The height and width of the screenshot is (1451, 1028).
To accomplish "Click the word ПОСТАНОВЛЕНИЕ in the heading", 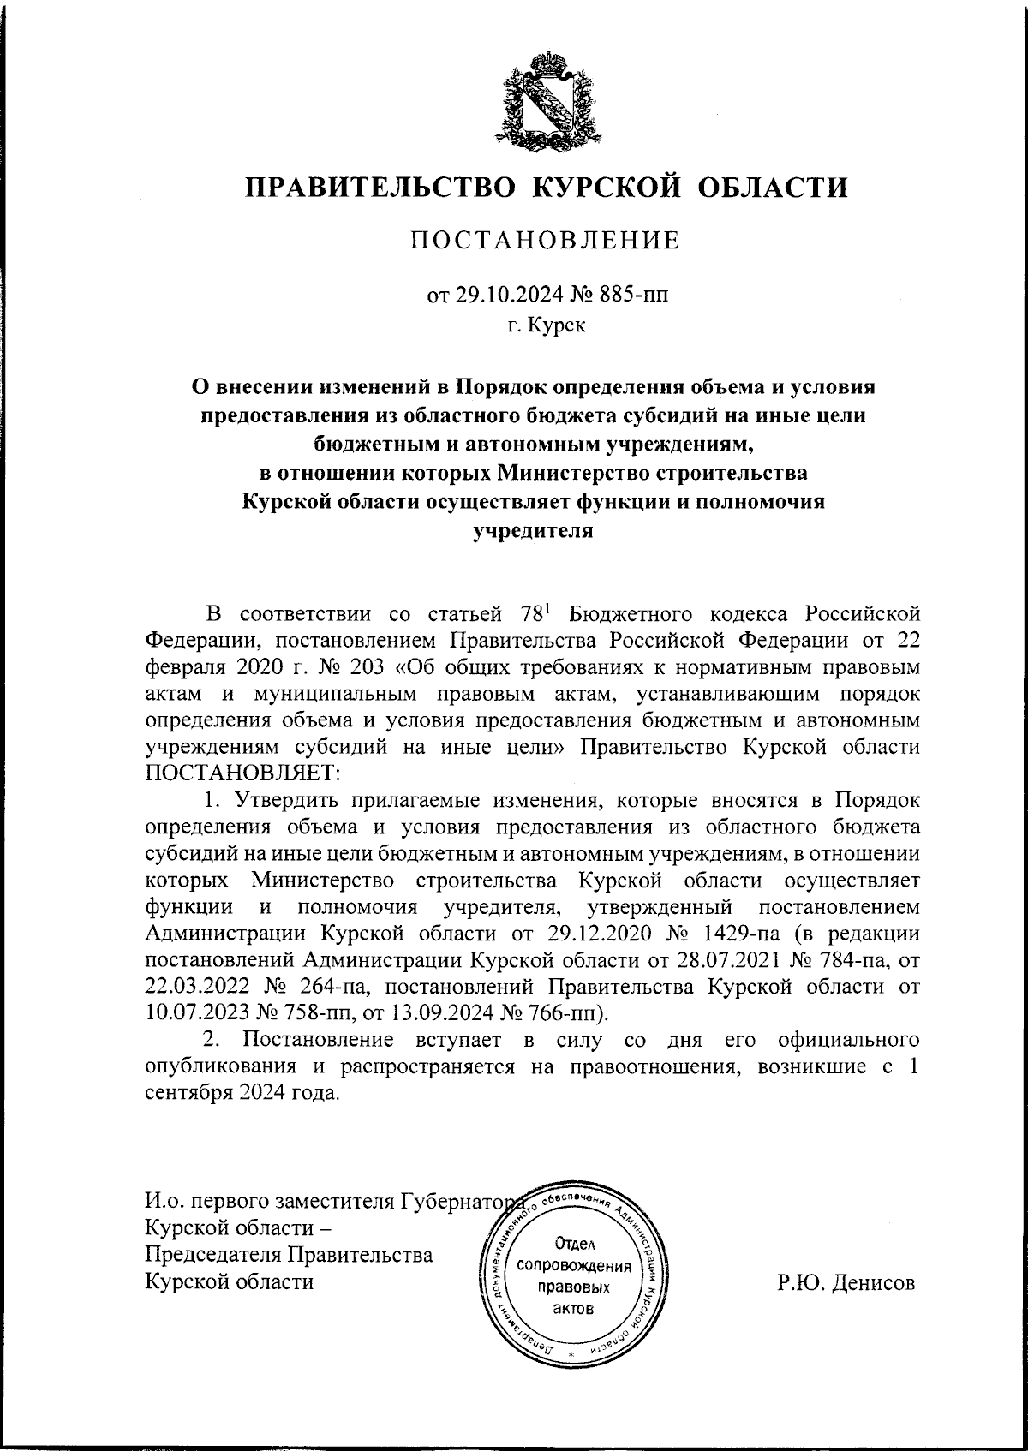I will click(545, 241).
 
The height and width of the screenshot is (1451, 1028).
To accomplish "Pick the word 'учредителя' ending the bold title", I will click(534, 531).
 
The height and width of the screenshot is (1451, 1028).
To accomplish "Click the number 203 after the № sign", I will click(326, 666).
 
